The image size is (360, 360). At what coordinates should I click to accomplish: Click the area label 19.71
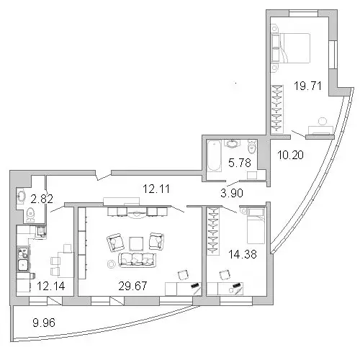pos(307,86)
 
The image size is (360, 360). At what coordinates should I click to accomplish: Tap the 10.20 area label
pos(290,155)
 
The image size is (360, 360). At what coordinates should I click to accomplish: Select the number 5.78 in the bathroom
pos(240,163)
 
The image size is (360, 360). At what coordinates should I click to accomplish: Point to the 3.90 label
pos(232,193)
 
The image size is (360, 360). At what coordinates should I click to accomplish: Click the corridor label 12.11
pos(156,189)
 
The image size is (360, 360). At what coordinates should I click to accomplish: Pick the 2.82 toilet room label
pos(42,199)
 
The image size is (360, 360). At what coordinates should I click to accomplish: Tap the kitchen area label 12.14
pos(51,286)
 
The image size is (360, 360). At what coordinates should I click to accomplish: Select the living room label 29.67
pos(132,286)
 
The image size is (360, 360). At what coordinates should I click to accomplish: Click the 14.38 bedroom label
pos(243,254)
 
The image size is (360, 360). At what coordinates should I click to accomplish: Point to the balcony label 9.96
pos(44,323)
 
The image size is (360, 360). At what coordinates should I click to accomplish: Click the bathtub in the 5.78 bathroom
pos(214,156)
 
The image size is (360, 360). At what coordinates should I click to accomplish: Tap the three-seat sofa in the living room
pos(138,260)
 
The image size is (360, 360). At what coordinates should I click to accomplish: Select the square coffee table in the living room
pos(136,244)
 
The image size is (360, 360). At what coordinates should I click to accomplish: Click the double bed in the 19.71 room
pos(291,48)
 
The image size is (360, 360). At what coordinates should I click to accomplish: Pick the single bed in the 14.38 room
pos(256,225)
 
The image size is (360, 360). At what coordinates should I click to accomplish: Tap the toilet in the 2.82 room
pos(30,215)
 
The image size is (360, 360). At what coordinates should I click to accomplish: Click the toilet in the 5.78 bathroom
pos(252,147)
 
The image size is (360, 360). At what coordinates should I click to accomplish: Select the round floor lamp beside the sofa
pos(111,264)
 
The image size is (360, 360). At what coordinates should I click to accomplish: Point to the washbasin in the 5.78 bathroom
pos(232,143)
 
